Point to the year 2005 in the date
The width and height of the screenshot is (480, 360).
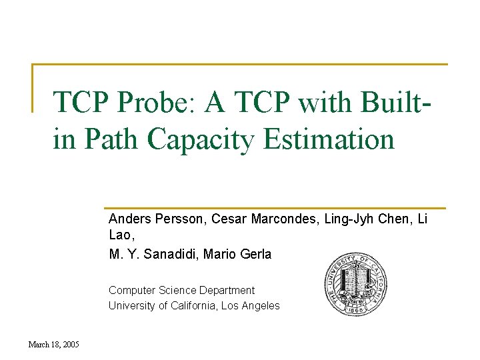click(x=70, y=345)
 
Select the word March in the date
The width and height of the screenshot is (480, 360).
click(x=38, y=345)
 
